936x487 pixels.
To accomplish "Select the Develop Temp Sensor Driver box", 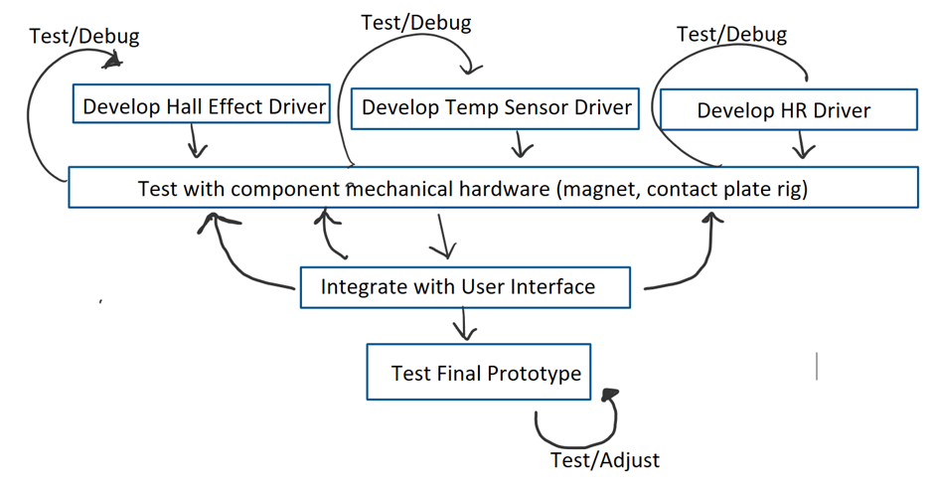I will (x=495, y=106).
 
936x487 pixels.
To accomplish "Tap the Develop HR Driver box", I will (x=788, y=109).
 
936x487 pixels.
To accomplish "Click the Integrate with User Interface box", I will (x=464, y=287).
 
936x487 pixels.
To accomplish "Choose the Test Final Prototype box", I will (x=478, y=373).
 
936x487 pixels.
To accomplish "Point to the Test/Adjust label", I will (x=604, y=460).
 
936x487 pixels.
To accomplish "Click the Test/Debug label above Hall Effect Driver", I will (x=84, y=36).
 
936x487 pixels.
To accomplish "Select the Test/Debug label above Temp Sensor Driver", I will (x=415, y=22).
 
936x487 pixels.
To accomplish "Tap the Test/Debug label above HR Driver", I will (x=731, y=34).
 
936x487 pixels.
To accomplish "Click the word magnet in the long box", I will (x=595, y=189).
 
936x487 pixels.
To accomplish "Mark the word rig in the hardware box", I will (x=791, y=189).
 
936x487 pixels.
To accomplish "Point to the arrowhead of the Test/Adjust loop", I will (x=607, y=396).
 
